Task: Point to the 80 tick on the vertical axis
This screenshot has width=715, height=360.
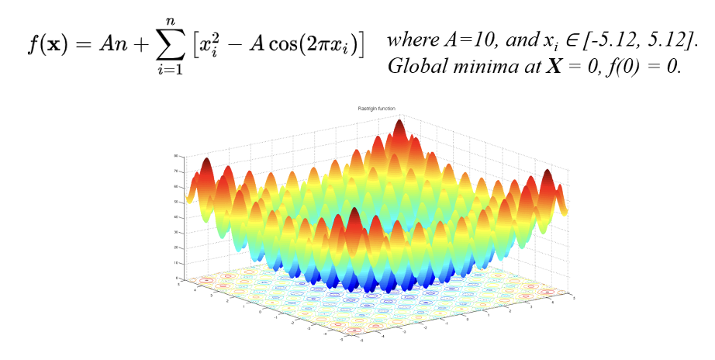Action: coord(176,156)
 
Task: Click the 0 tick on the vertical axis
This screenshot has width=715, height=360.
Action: coord(177,277)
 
